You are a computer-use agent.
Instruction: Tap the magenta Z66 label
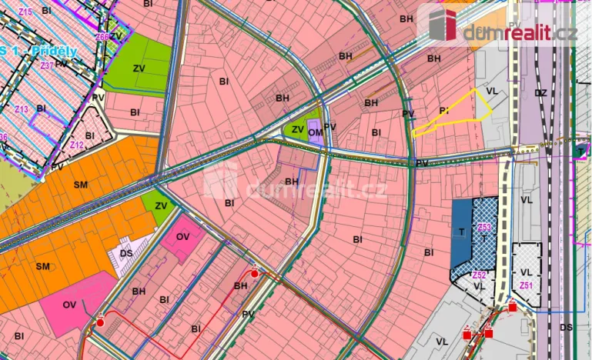pos(102,37)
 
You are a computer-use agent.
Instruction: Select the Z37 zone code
pos(48,65)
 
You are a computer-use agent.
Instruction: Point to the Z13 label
pos(21,109)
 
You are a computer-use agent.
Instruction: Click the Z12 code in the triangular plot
pos(75,144)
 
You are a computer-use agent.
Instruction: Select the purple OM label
pos(314,132)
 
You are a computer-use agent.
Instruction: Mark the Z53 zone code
pos(483,227)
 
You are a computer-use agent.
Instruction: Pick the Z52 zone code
pos(479,275)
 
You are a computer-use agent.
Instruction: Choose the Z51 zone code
pos(526,286)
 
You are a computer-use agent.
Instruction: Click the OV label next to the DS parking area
pos(182,237)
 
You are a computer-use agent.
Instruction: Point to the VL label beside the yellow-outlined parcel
pos(493,90)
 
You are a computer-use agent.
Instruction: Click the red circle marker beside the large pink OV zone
pos(100,322)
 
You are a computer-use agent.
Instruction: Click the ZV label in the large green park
pos(139,68)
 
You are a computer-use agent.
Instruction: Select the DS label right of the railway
pos(566,327)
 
